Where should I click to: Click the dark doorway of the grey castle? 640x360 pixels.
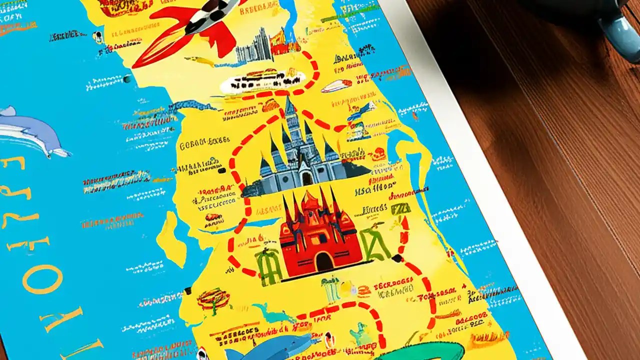(x=306, y=177)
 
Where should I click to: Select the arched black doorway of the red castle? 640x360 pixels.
(x=324, y=261)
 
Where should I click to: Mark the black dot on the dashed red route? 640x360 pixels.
(x=397, y=258)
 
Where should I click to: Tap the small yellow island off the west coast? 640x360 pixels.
(x=172, y=240)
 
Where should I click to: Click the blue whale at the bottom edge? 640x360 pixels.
(x=270, y=347)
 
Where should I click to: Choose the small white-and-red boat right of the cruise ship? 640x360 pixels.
(x=336, y=86)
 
